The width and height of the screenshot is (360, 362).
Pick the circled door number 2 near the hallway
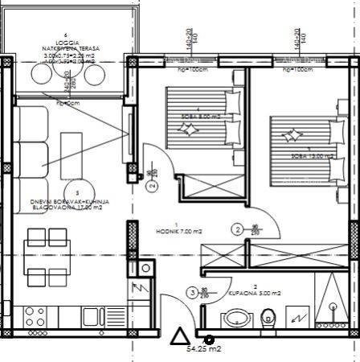tap(238, 228)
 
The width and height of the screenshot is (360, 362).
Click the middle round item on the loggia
tap(69, 75)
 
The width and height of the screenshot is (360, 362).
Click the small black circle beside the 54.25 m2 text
tap(210, 340)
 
